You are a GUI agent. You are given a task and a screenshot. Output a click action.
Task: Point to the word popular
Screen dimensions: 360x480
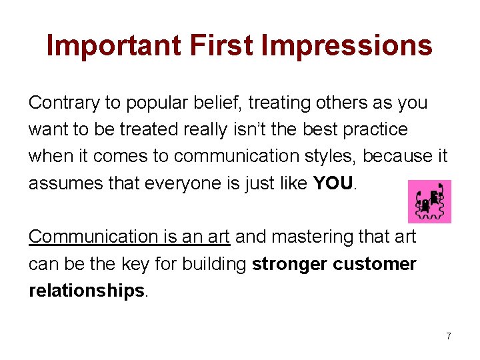(157, 104)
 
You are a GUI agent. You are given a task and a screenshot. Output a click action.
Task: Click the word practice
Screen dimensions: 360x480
(374, 129)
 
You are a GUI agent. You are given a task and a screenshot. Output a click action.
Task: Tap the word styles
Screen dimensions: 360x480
(323, 156)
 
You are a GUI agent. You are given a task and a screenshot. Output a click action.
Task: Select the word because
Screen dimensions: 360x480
(395, 156)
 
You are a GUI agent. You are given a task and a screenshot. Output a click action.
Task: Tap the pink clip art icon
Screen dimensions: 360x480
(429, 201)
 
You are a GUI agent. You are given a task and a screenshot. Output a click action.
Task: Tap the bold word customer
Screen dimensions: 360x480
(375, 264)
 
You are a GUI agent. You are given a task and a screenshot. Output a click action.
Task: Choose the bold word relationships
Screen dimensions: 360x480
(86, 291)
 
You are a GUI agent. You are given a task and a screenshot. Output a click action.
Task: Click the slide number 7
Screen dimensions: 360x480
(449, 336)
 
